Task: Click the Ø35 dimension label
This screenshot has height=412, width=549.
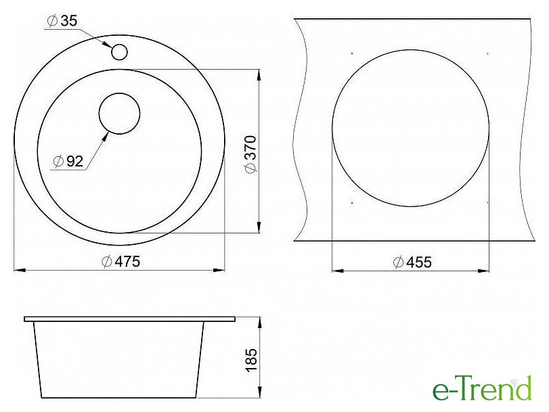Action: click(x=62, y=21)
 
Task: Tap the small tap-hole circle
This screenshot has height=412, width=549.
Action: click(x=119, y=52)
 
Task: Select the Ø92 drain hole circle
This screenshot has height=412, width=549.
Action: click(x=119, y=114)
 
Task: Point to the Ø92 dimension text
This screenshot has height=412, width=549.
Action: click(x=68, y=161)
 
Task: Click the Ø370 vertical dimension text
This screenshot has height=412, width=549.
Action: click(x=251, y=154)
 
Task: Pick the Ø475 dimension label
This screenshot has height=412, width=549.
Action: click(x=120, y=261)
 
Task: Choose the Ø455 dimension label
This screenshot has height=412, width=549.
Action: click(x=412, y=262)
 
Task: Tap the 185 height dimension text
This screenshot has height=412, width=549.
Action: click(x=251, y=361)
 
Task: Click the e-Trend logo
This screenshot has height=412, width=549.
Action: click(x=482, y=388)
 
